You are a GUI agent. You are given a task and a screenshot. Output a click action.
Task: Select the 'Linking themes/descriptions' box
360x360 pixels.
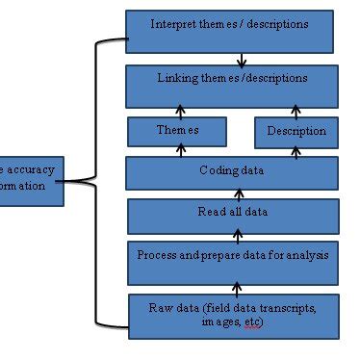click(x=232, y=86)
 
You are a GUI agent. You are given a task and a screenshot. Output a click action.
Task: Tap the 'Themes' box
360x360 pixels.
click(x=177, y=131)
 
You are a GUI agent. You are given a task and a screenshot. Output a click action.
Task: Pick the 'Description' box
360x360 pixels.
click(x=296, y=132)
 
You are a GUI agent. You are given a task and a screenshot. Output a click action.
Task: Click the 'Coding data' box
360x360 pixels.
click(x=232, y=172)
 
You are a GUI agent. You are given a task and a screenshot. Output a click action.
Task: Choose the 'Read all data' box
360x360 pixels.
click(x=232, y=215)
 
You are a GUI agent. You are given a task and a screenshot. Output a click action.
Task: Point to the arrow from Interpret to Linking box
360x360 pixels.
click(x=242, y=60)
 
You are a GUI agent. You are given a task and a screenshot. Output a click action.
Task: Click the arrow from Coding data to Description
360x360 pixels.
click(x=296, y=151)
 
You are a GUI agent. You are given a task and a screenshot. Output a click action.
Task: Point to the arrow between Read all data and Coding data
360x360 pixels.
click(x=237, y=193)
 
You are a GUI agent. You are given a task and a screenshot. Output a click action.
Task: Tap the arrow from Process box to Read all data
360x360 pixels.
click(x=237, y=238)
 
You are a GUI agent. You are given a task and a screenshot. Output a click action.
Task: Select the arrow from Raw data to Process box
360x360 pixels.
click(x=237, y=288)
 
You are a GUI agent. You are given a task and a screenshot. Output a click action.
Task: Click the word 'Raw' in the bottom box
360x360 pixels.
click(x=160, y=308)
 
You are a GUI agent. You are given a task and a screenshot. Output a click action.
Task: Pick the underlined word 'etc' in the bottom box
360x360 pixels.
click(x=252, y=322)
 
